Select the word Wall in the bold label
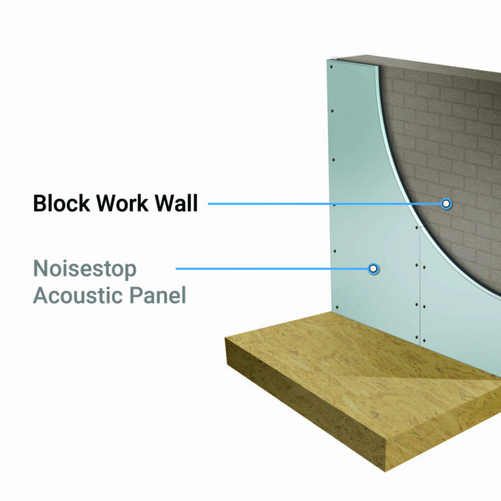tap(176, 204)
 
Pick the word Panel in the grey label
tap(156, 296)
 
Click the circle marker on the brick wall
tap(446, 204)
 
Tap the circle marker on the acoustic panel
tap(373, 268)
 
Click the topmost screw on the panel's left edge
tap(331, 66)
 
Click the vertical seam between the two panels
tap(418, 287)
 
